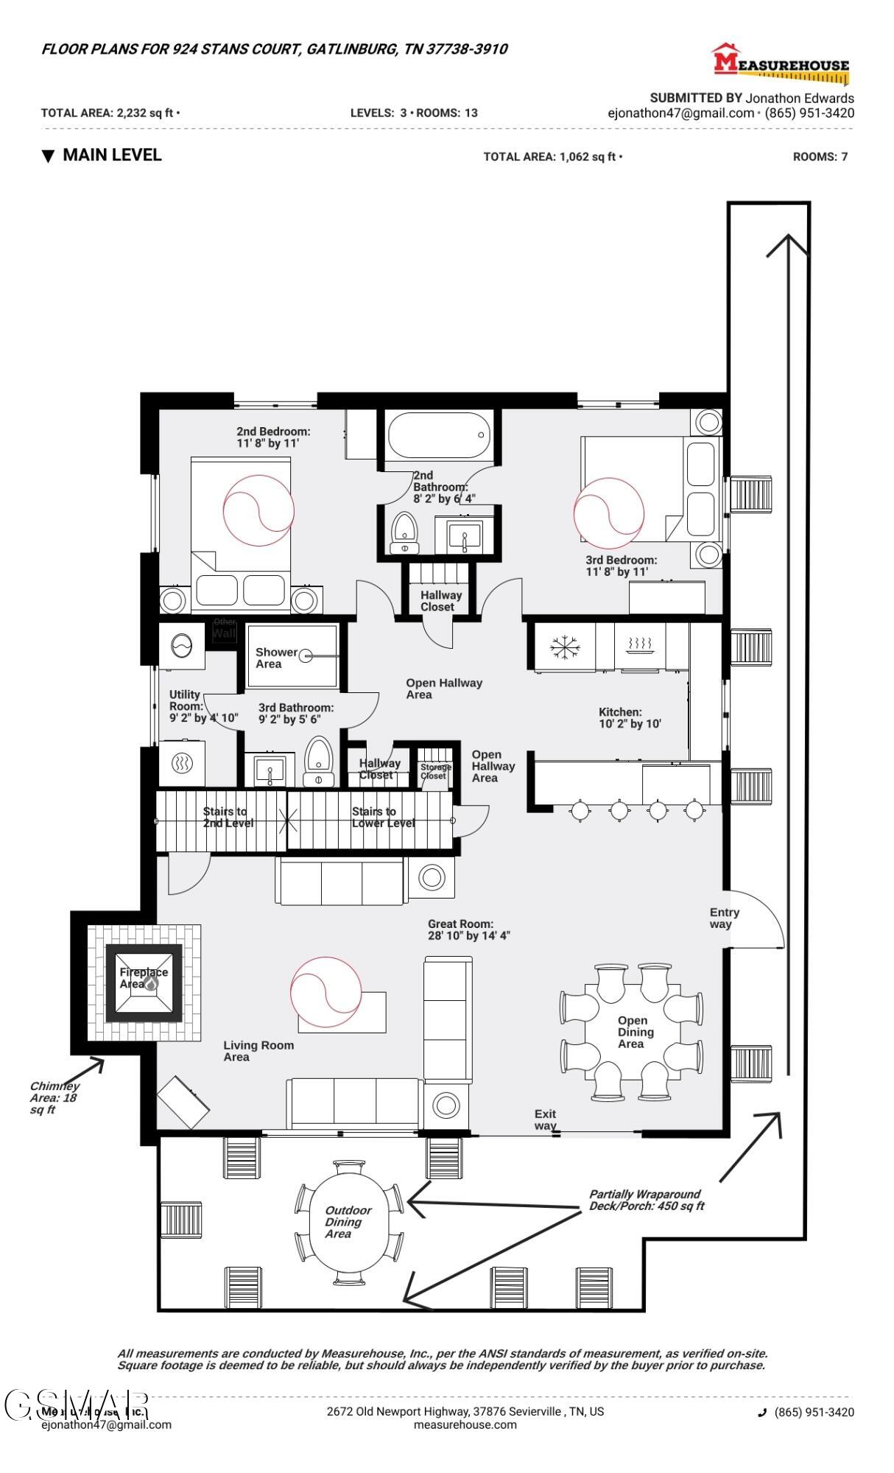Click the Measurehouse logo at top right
(781, 62)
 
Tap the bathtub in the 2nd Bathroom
(439, 435)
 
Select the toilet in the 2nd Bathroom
(404, 532)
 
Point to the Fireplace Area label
(144, 977)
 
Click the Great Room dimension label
(468, 929)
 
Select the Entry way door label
(724, 918)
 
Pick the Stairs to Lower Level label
(383, 817)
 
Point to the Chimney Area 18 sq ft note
(54, 1097)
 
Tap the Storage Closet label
(435, 771)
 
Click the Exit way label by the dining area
(545, 1119)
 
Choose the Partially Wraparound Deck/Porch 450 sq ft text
(646, 1200)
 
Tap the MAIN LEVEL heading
(111, 155)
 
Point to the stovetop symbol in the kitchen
(641, 646)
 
